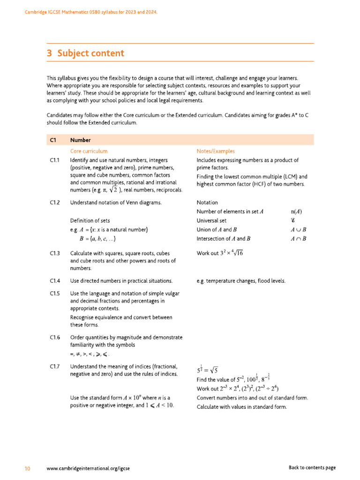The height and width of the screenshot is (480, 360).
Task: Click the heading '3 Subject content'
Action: (x=85, y=53)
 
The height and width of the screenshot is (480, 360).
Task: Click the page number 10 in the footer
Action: (x=28, y=467)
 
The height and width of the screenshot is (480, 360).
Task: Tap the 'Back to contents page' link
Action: (x=312, y=467)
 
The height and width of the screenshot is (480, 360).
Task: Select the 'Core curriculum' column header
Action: (x=89, y=151)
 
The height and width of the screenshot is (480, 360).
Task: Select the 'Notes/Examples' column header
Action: (x=216, y=151)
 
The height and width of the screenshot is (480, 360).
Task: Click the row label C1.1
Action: (x=54, y=160)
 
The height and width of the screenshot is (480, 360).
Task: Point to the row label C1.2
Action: (x=54, y=202)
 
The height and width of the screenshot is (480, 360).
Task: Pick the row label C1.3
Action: (x=54, y=253)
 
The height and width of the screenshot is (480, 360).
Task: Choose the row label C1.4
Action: (x=54, y=281)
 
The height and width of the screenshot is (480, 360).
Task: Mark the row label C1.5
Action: (x=54, y=293)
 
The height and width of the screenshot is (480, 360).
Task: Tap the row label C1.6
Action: (x=54, y=337)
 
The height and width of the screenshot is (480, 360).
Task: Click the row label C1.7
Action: (x=54, y=366)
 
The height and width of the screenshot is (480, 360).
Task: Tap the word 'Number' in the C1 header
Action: (x=80, y=140)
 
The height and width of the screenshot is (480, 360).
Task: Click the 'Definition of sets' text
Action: (x=90, y=220)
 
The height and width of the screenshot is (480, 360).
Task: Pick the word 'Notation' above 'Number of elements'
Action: (x=207, y=202)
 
